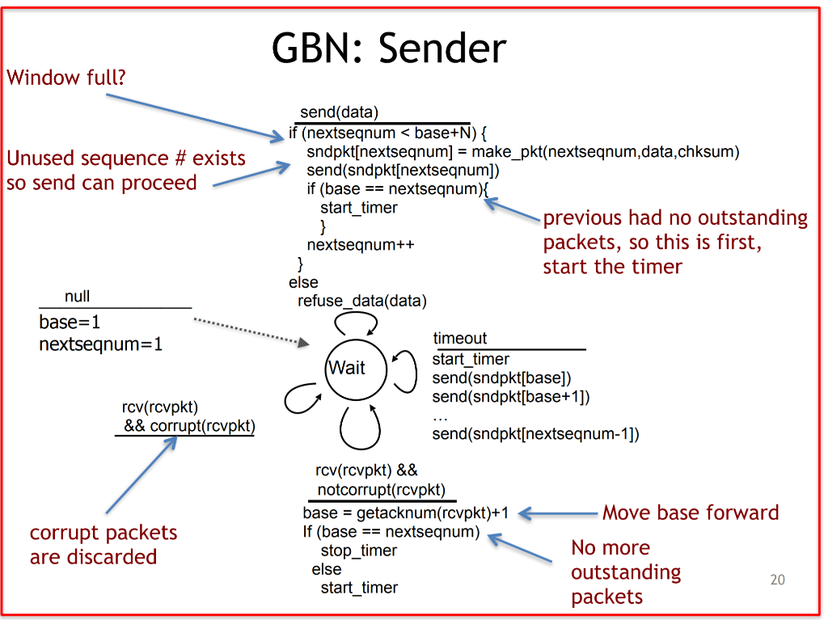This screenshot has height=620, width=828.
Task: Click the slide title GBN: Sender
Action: tap(389, 49)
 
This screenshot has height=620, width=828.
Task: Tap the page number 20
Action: tap(776, 580)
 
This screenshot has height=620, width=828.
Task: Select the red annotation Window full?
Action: tap(66, 78)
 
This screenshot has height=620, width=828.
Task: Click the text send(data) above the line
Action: tap(339, 112)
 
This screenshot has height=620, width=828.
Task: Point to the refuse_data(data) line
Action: tap(361, 301)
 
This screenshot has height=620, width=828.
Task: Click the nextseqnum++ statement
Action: tap(360, 245)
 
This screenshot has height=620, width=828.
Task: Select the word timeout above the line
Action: tap(460, 339)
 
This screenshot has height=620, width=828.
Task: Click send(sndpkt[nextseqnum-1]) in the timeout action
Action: tap(535, 434)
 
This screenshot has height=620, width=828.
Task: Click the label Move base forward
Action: tap(691, 512)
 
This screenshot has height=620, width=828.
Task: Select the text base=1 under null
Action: tap(70, 322)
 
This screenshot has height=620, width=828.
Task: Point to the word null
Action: tap(77, 297)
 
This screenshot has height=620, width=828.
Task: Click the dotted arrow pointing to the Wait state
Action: tap(251, 331)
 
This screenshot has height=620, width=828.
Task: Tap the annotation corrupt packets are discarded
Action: tap(103, 545)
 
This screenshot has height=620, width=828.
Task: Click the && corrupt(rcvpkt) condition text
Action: tap(189, 426)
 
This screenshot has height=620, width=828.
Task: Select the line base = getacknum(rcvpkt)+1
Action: tap(405, 513)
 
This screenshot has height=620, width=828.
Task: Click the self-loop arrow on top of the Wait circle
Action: tap(357, 321)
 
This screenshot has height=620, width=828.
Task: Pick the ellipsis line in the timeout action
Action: tap(440, 415)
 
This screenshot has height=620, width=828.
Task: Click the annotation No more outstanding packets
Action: tap(625, 571)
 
